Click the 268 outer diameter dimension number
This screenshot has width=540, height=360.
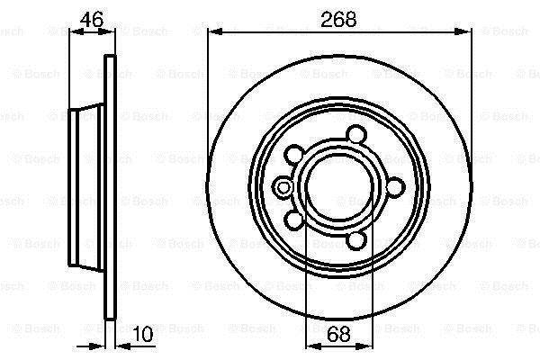click(338, 19)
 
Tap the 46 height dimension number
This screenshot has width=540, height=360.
click(91, 19)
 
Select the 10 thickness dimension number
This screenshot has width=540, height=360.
click(143, 334)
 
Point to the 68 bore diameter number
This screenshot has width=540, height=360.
click(338, 334)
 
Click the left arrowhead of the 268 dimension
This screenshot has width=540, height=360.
click(214, 31)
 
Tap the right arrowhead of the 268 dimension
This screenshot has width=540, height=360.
click(463, 31)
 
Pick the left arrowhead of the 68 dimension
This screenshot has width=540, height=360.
click(312, 346)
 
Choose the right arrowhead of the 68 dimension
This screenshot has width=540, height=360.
click(365, 346)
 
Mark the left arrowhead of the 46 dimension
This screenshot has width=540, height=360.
click(76, 31)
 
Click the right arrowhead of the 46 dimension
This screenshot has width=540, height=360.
click(107, 31)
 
